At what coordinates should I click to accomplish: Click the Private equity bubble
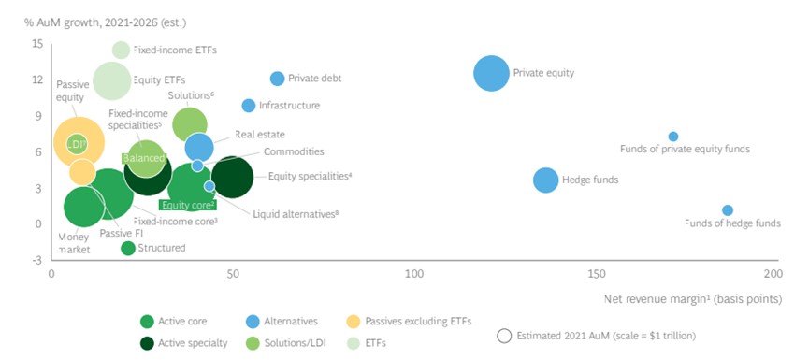coord(491,73)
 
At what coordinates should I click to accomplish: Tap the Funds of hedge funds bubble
coord(728,210)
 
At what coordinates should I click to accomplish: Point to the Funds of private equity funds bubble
coord(673,137)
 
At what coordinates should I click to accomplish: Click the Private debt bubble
coord(277,79)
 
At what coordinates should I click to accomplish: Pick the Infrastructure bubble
coord(249,106)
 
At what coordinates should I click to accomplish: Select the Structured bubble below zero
coord(128,248)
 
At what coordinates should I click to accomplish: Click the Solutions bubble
coord(190,123)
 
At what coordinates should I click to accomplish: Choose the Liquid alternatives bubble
coord(209,187)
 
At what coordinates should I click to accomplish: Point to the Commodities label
coord(294,151)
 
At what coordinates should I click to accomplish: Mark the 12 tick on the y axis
coord(37,80)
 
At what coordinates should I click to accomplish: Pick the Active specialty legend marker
coord(146,342)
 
